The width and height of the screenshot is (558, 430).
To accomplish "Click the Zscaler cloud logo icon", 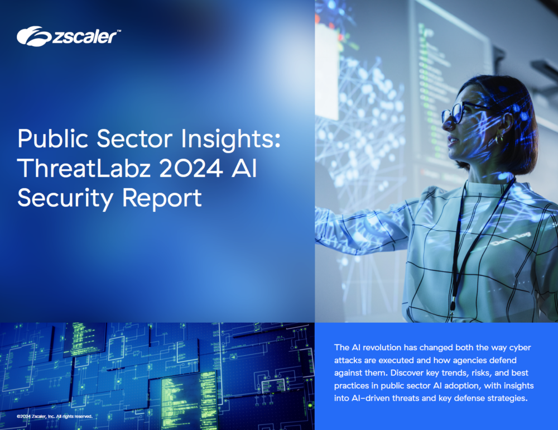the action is click(x=34, y=36).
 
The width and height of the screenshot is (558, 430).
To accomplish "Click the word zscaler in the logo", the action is click(x=85, y=37).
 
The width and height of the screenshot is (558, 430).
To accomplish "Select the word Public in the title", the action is click(x=52, y=139).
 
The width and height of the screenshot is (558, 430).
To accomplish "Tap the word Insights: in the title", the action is click(x=230, y=139).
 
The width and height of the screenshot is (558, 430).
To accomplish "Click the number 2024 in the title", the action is click(x=191, y=168).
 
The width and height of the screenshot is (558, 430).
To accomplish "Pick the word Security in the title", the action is click(x=65, y=199).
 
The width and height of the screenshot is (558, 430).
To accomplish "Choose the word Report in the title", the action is click(x=162, y=199).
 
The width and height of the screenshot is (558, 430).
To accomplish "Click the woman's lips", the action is click(x=451, y=141).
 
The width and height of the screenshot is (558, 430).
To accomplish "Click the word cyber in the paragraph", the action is click(x=520, y=348).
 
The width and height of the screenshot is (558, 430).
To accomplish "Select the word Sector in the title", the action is click(x=134, y=139).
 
